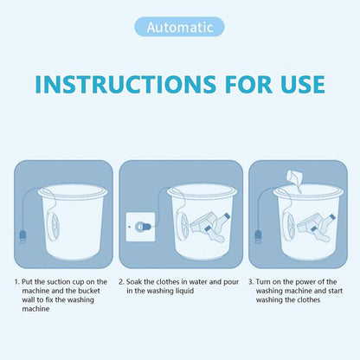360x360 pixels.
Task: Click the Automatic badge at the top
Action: click(x=179, y=27)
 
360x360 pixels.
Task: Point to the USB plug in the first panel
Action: click(x=22, y=235)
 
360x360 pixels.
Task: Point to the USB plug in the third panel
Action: click(x=258, y=235)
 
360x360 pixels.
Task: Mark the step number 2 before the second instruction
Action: click(x=121, y=282)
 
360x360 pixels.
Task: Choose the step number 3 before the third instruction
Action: click(x=250, y=282)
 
